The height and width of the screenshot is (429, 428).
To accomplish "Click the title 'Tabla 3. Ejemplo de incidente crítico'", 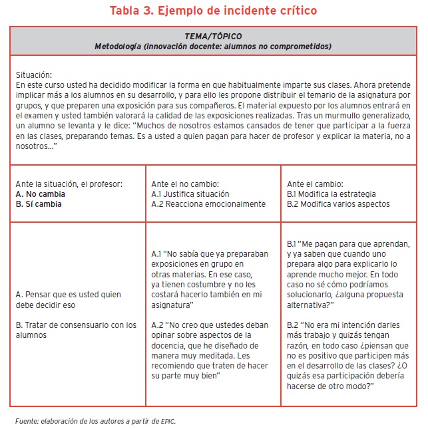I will pyautogui.click(x=214, y=11).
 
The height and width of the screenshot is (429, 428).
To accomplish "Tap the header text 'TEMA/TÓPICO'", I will pyautogui.click(x=213, y=36).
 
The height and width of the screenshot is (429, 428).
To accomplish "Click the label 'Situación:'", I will pyautogui.click(x=33, y=75).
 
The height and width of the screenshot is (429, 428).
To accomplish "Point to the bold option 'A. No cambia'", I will pyautogui.click(x=40, y=194).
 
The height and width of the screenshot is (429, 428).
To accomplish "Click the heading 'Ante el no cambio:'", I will pyautogui.click(x=186, y=183).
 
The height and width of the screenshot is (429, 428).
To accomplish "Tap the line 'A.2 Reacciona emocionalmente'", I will pyautogui.click(x=208, y=204).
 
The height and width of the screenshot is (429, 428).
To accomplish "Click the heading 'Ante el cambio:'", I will pyautogui.click(x=315, y=183).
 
